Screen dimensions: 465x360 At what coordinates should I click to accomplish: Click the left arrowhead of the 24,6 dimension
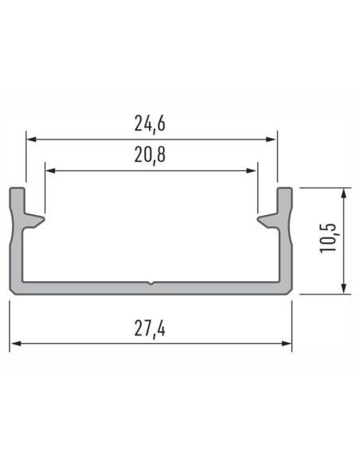pyautogui.click(x=30, y=139)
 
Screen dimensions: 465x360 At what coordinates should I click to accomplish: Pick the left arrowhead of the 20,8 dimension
pyautogui.click(x=49, y=170)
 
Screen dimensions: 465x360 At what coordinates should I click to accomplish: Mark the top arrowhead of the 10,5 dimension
pyautogui.click(x=344, y=193)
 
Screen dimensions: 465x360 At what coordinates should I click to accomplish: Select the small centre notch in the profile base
pyautogui.click(x=151, y=283)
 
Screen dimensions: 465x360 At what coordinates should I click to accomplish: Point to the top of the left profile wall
pyautogui.click(x=17, y=190)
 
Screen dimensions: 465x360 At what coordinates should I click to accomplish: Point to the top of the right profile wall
pyautogui.click(x=284, y=190)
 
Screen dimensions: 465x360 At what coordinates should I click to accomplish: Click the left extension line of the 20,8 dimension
pyautogui.click(x=45, y=191)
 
